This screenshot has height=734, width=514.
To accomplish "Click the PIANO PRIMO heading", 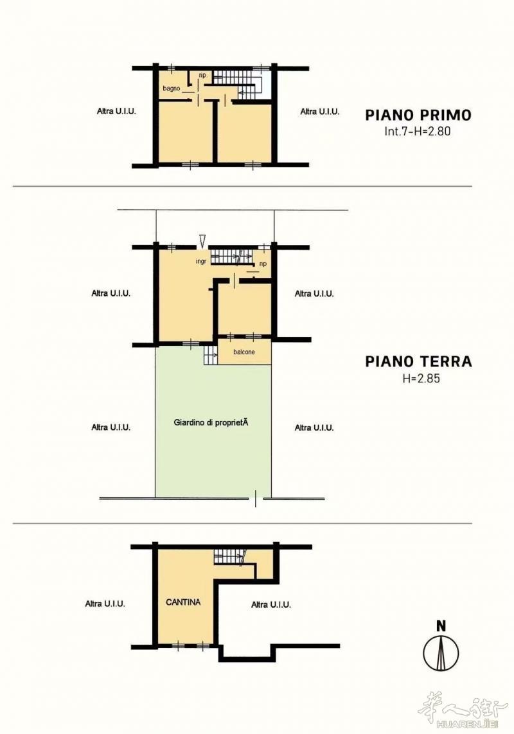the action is pos(418,115).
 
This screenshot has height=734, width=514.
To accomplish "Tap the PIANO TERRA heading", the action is pos(418,361).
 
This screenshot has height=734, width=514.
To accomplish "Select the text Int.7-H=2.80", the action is pos(418,132).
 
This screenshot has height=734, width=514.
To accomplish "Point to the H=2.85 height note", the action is pos(421,379).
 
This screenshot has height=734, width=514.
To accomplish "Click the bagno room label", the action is pos(172,89).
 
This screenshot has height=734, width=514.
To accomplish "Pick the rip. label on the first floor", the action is pos(203,75).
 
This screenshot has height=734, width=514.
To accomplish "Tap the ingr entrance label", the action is pos(201,262).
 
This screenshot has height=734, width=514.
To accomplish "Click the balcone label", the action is pos(244,352).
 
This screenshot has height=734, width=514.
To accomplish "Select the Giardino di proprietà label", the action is pos(211,423).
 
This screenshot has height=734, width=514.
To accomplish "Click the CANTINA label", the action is pos(183,602).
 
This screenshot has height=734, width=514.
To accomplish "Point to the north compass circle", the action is pos(441,653).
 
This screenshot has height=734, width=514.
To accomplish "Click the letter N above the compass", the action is pos(441,626).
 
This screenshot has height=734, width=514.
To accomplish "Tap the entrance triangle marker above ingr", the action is pos(202,241).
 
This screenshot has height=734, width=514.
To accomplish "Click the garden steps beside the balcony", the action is pos(211,355).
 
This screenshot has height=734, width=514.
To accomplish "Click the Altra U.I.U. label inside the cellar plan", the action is pos(271,605).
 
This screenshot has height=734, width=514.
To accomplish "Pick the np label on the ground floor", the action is pos(263,264).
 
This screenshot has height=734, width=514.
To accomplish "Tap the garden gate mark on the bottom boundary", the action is pos(255,499).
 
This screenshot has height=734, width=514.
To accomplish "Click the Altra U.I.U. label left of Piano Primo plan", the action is pos(116,112).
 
